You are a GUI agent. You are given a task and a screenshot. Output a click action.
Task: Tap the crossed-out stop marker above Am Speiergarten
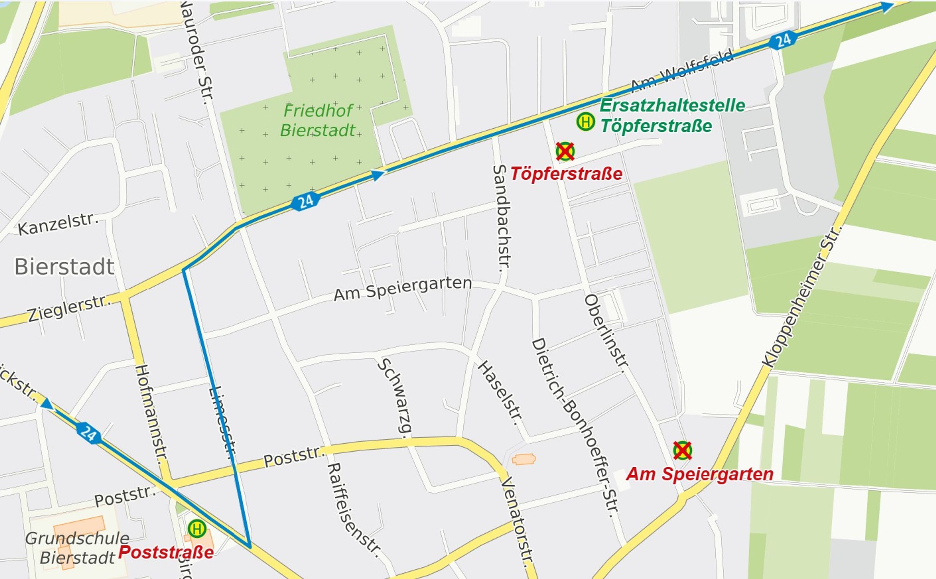point(682,450)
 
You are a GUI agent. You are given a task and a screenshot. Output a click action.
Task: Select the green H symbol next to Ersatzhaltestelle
point(585,122)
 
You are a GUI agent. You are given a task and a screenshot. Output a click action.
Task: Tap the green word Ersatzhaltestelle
point(672,105)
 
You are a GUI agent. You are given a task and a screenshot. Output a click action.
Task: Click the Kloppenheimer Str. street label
point(803,297)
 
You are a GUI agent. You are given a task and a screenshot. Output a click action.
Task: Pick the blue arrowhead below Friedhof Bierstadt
point(377,175)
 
